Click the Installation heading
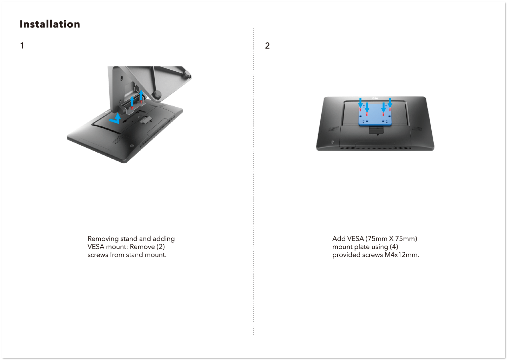coord(50,24)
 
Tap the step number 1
coord(22,46)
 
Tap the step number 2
coord(267,46)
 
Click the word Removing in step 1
coord(103,239)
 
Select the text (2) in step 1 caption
coord(160,247)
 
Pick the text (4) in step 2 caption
coord(394,247)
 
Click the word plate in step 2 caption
coord(360,247)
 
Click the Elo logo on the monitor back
coord(375,98)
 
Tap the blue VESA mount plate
coord(375,116)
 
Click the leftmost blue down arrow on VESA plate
coord(360,103)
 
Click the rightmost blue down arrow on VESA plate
coord(390,103)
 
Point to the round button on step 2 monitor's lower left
coord(332,142)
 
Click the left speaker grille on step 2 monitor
coord(333,129)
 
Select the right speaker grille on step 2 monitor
coord(417,129)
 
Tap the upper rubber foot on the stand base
coord(187,74)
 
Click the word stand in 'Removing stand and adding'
coord(128,239)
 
